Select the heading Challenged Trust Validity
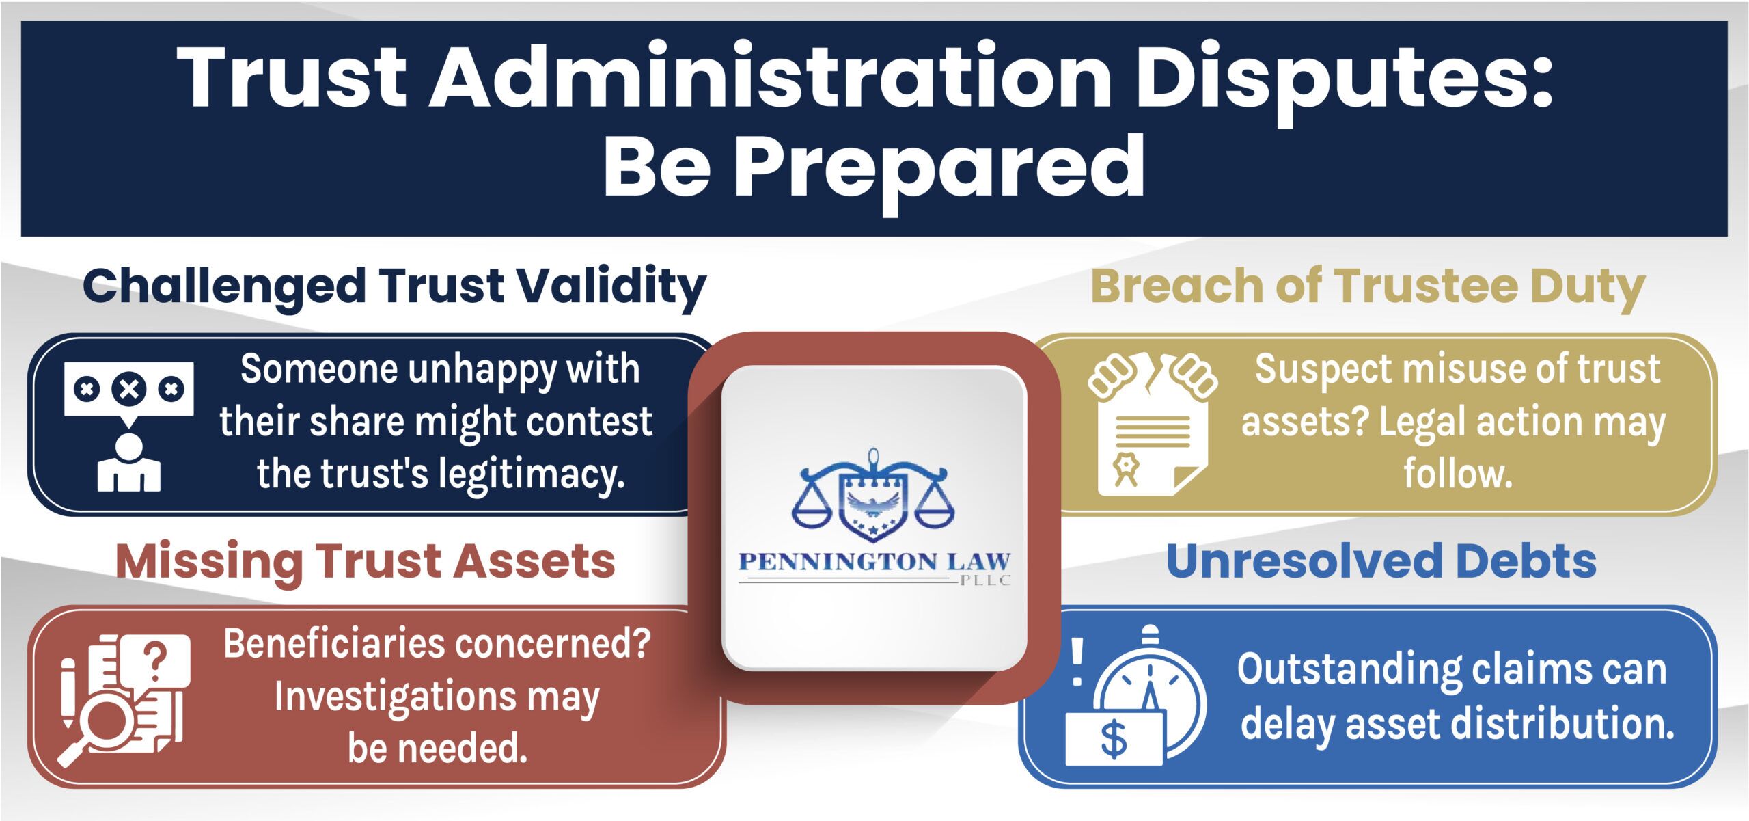(394, 286)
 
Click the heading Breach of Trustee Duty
(1368, 286)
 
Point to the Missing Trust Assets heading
(366, 561)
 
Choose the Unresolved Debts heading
(1381, 560)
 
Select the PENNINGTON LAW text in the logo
(874, 562)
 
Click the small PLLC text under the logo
(984, 581)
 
